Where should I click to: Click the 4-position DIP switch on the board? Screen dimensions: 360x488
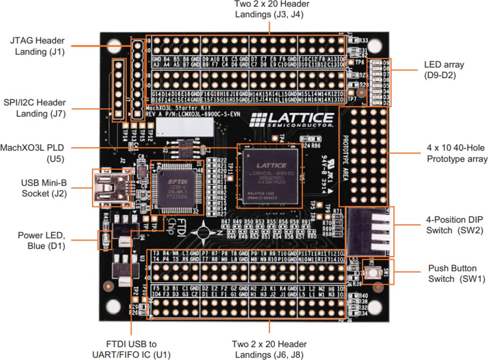(x=369, y=232)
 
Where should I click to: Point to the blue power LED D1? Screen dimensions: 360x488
(x=105, y=240)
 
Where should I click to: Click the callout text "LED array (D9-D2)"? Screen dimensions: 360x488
(x=444, y=70)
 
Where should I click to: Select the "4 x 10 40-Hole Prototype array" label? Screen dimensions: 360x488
(x=457, y=153)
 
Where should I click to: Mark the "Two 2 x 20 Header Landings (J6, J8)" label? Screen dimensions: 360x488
(x=269, y=349)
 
